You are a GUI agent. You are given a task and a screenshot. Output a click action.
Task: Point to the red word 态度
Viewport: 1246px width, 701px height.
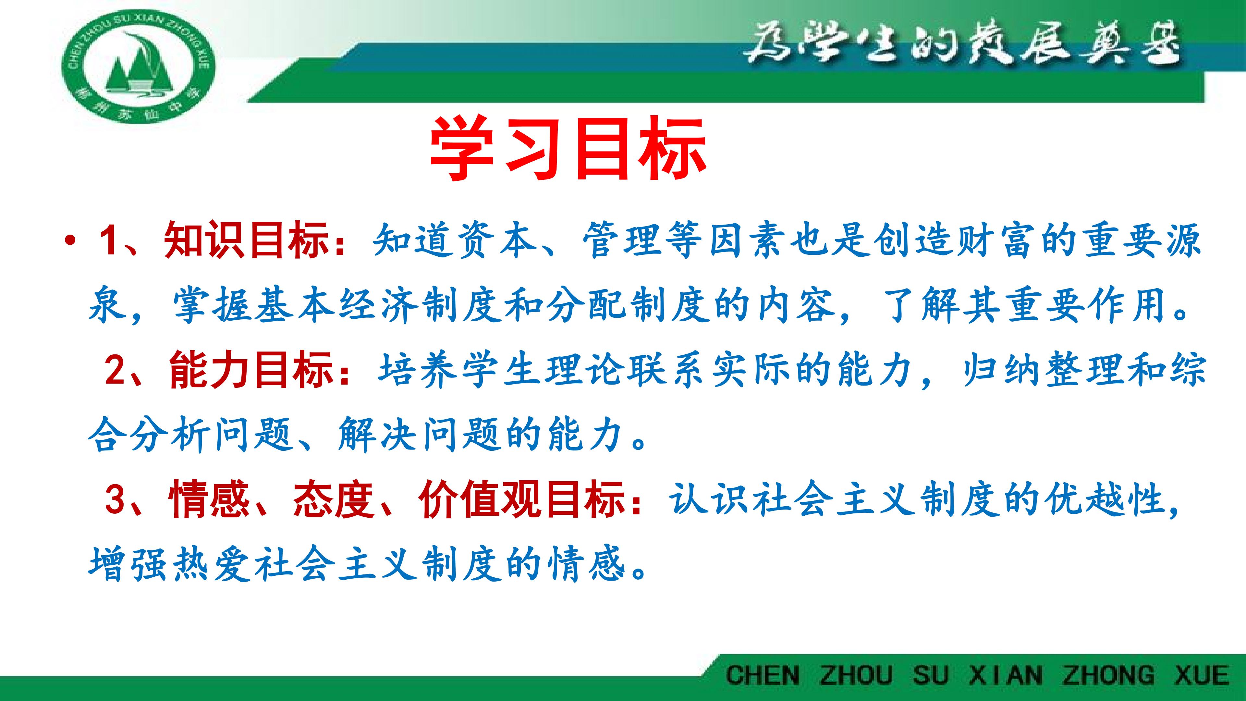(334, 499)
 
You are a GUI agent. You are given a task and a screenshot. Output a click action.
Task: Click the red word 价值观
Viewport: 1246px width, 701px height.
(479, 499)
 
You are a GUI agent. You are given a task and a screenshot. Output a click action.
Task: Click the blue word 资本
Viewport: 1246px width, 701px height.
(497, 240)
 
